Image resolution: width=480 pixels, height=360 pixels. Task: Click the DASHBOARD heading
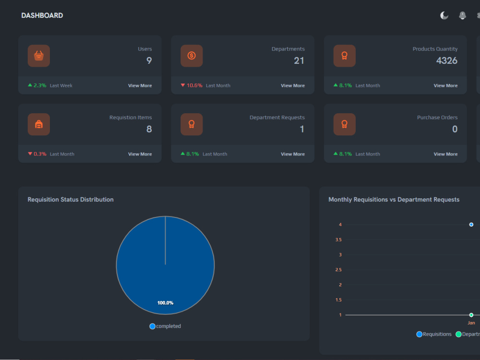42,15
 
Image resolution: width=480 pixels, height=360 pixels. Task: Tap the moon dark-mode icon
444,15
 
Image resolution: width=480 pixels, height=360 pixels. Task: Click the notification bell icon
462,15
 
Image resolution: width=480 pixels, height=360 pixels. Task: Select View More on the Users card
140,86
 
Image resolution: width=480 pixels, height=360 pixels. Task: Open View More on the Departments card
293,86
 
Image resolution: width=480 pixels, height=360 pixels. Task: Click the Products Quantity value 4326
446,60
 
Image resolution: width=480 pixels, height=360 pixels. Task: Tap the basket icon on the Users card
39,56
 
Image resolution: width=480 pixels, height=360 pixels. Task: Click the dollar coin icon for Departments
192,56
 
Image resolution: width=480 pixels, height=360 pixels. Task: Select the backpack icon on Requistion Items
39,124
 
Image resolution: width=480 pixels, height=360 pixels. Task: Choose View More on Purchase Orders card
445,154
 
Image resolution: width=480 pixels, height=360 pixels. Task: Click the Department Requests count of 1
302,129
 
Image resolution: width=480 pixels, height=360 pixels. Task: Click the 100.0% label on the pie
165,303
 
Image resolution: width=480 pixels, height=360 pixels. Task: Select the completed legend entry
165,326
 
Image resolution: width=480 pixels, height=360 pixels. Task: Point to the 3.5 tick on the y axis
338,240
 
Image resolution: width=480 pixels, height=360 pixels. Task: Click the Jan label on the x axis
471,323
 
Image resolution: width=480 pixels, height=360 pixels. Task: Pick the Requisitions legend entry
434,334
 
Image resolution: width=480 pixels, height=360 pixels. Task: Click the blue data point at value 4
471,225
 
